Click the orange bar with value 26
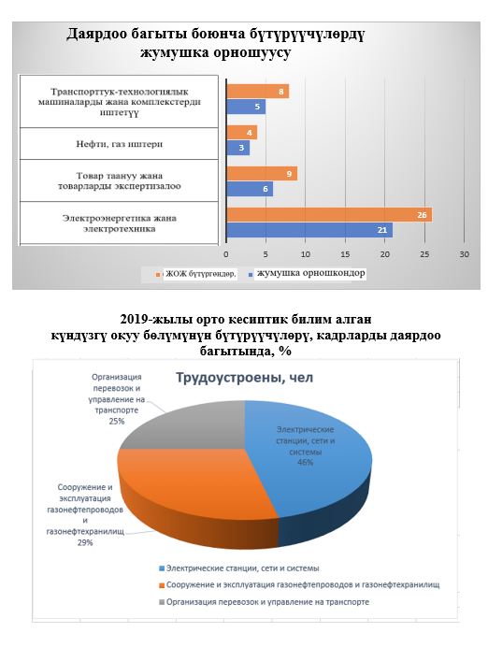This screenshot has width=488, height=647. click(329, 214)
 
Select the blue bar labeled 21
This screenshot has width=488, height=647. click(309, 230)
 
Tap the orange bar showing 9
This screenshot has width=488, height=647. click(262, 174)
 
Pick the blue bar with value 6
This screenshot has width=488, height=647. click(250, 189)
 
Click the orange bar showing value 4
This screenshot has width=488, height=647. click(242, 133)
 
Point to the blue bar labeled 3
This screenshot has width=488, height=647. click(238, 148)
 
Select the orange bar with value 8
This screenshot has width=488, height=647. click(258, 92)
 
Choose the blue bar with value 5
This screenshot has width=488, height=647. click(246, 107)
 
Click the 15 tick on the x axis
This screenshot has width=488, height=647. click(345, 254)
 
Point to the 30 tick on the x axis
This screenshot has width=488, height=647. click(464, 254)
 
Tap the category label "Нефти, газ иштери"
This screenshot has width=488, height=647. click(120, 144)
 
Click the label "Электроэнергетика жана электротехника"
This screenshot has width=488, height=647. click(120, 223)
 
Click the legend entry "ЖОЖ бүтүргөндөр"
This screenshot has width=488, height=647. click(196, 274)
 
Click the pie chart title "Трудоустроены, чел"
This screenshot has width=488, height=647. click(245, 378)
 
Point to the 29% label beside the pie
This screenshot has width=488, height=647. click(85, 542)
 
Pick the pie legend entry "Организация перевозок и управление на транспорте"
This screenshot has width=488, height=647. click(264, 602)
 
